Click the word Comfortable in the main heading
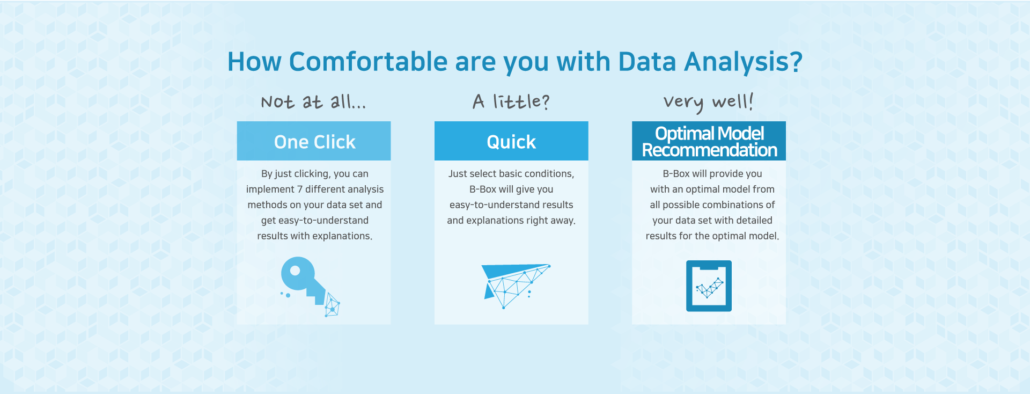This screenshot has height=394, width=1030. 368,62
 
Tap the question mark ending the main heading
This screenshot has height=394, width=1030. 796,62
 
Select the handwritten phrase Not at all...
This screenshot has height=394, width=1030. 313,101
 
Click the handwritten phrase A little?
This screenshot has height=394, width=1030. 511,101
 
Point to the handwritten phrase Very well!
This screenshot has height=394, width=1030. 709,102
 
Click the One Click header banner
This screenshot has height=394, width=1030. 314,141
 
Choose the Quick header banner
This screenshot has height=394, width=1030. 511,141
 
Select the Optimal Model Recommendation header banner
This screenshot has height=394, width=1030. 709,141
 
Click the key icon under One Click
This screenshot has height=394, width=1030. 310,286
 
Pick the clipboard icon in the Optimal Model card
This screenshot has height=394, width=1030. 709,286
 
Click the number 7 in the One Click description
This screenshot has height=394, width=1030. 300,189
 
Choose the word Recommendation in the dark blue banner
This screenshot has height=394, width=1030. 709,150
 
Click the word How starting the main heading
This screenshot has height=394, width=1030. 254,62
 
